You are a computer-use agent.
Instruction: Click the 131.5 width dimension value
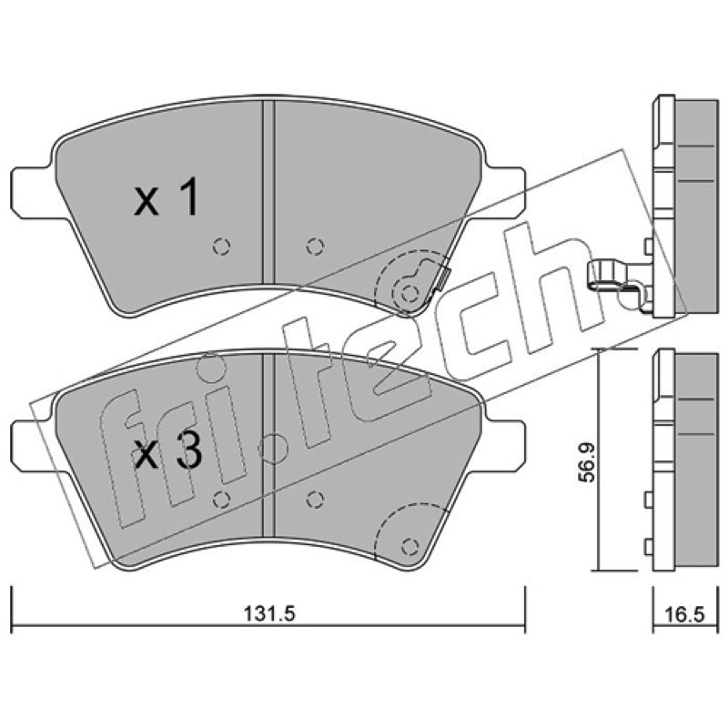269,614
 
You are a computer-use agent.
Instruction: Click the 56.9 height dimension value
588,463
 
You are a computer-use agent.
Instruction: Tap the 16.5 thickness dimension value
685,615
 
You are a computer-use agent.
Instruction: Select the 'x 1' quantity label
167,197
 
